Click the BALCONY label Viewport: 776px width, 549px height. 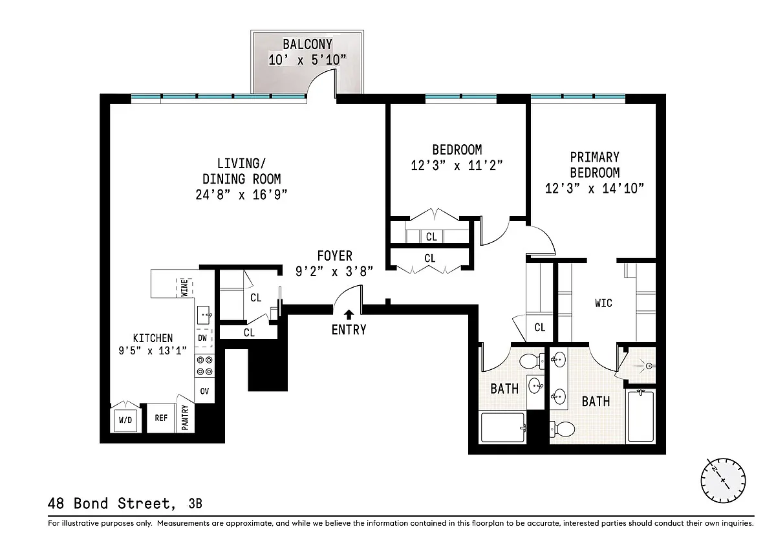[307, 45]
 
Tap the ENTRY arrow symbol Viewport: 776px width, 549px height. [349, 314]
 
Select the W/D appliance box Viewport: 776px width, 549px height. [125, 420]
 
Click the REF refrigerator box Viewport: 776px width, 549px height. [161, 418]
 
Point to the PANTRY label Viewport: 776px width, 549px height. [185, 418]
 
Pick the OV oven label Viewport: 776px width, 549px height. [204, 391]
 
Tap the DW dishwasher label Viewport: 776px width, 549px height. [202, 338]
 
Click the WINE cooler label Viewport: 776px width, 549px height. [184, 288]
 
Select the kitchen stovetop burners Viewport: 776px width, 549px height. [204, 366]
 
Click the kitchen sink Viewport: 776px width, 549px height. [204, 315]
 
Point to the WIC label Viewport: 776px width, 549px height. [603, 303]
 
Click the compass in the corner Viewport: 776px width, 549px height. [723, 480]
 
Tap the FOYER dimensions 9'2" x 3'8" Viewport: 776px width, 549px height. [334, 271]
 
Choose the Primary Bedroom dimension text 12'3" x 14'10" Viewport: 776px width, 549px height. [594, 188]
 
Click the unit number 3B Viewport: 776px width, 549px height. [195, 503]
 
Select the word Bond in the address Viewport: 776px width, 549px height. [91, 503]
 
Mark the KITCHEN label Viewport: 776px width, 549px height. [153, 338]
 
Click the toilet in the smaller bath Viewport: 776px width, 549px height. [532, 361]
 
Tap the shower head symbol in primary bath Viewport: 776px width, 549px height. [649, 365]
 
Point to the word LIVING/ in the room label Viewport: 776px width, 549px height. [241, 163]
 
